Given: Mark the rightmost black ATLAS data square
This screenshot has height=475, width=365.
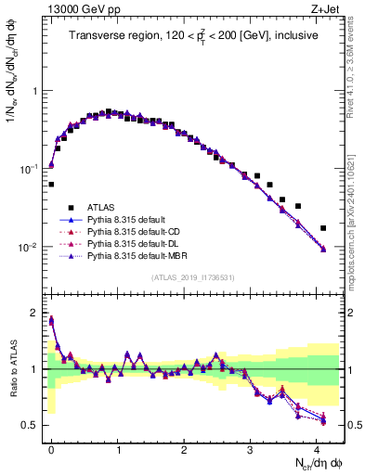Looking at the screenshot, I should (323, 228).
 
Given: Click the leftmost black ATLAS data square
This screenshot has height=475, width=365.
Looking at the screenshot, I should (51, 184).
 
